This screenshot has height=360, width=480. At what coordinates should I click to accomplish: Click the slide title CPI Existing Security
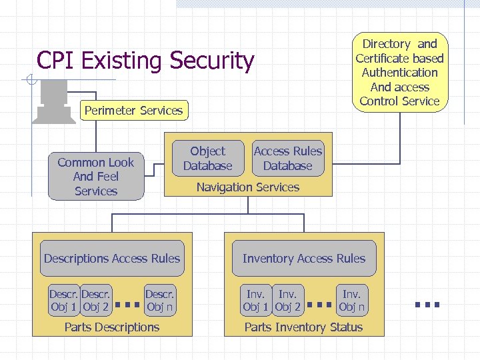(145, 61)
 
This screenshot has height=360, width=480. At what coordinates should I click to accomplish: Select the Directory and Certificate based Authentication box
(399, 72)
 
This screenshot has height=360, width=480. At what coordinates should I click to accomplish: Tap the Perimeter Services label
(133, 111)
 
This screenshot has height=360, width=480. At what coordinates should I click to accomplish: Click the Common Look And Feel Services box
(96, 177)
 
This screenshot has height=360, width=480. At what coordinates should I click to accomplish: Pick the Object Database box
(207, 159)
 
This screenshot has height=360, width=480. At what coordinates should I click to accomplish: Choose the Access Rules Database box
(287, 159)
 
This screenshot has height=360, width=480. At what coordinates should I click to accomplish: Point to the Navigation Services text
(247, 187)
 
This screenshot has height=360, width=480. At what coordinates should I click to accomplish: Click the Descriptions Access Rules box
(112, 259)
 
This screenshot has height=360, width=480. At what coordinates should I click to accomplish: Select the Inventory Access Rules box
(304, 259)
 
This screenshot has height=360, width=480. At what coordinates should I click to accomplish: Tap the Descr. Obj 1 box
(63, 301)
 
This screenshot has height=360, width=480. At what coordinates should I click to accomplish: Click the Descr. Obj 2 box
(96, 301)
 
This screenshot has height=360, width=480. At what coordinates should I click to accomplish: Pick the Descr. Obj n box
(159, 301)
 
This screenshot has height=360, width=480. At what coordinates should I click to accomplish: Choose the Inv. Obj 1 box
(255, 301)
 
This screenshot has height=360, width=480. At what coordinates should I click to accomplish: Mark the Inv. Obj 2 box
(288, 301)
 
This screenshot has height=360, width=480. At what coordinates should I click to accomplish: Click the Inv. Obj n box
(351, 301)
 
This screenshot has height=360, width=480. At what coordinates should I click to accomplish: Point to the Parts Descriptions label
(112, 327)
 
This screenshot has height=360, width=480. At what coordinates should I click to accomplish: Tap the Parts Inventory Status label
(304, 327)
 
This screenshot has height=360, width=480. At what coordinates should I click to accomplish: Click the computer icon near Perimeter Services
(54, 100)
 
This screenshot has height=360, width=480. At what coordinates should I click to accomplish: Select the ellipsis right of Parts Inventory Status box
(427, 304)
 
